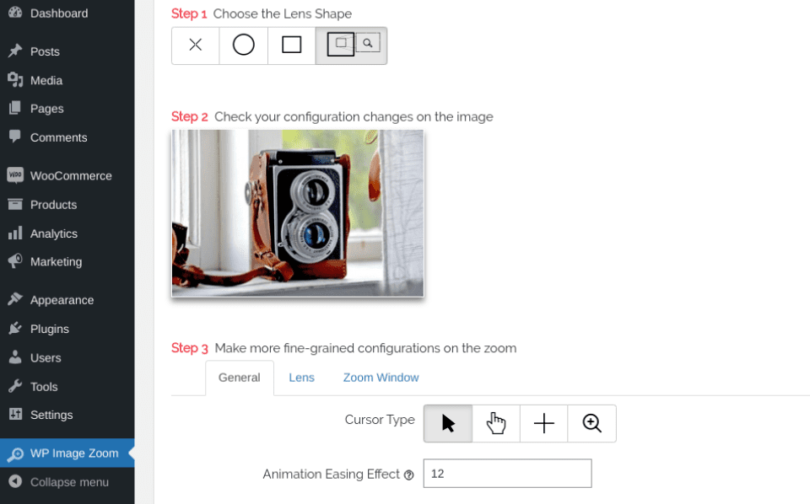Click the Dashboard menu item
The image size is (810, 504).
[58, 13]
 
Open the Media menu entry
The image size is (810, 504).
[46, 80]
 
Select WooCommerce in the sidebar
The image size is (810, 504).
[71, 176]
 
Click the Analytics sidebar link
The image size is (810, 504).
[53, 233]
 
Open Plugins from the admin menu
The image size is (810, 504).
[49, 329]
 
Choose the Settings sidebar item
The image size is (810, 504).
[51, 415]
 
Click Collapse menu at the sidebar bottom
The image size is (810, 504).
[68, 482]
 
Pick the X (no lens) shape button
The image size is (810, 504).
[196, 46]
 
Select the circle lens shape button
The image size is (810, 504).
[244, 46]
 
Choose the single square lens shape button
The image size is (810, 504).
[292, 46]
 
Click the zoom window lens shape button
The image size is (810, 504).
[352, 46]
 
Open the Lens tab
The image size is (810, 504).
[301, 378]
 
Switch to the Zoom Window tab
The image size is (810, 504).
[381, 378]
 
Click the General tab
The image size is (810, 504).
[240, 378]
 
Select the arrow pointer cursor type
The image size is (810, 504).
[448, 423]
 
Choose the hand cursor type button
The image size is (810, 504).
[496, 423]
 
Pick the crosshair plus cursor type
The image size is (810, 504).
[544, 423]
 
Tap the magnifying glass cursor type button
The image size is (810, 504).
[592, 423]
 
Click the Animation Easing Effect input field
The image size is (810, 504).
[507, 474]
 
